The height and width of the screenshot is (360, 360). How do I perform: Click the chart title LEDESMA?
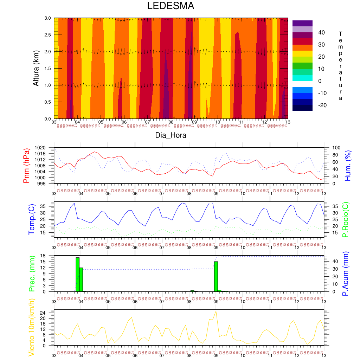(171, 6)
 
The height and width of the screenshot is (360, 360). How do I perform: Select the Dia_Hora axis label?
(171, 135)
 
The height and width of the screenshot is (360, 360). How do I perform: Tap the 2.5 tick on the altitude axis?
(48, 35)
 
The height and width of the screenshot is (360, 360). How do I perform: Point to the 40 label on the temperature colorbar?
(321, 33)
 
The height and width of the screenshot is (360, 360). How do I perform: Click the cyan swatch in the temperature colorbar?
(302, 78)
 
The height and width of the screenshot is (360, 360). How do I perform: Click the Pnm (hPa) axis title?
(26, 165)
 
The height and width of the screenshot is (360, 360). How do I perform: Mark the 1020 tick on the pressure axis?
(46, 148)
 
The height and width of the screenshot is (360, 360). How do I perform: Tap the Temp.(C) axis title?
(32, 219)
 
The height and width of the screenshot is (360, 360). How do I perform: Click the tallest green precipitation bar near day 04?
(77, 275)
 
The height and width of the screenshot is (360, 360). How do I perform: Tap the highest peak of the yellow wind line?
(216, 311)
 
